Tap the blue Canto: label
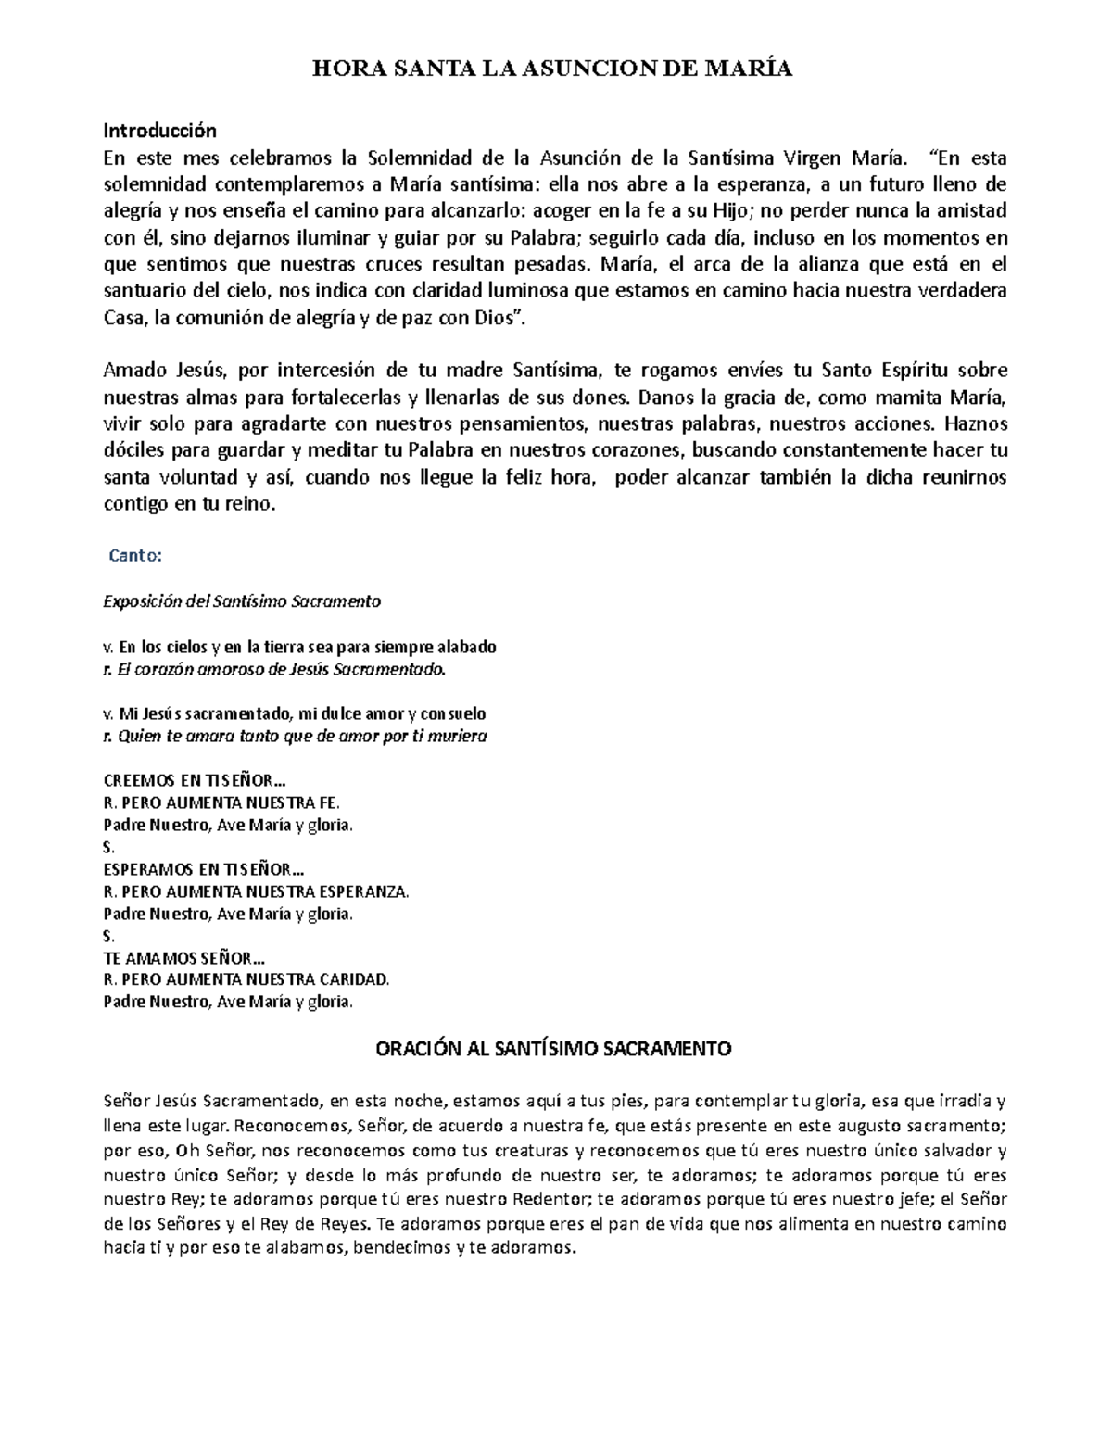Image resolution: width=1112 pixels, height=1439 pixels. (136, 556)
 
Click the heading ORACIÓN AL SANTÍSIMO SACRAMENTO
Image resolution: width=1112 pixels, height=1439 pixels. (552, 1049)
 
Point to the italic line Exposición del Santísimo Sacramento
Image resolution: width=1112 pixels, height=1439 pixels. (242, 601)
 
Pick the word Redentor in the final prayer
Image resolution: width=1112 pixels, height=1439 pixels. (546, 1199)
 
